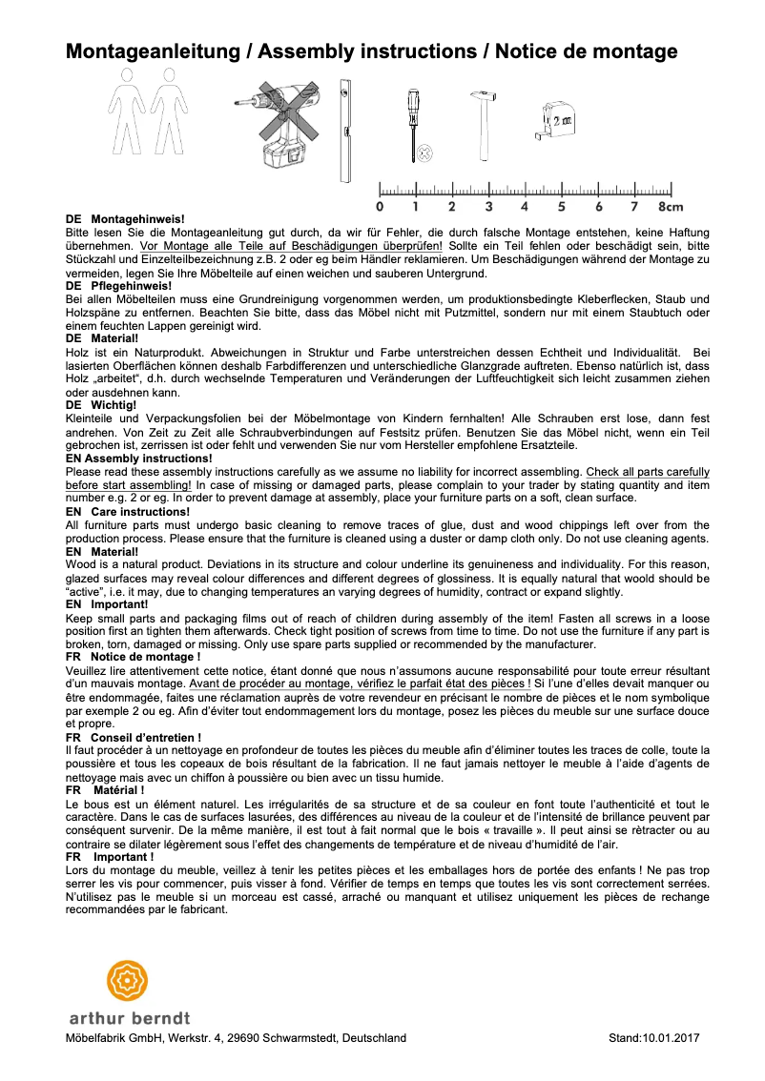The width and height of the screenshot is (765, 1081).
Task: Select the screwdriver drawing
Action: click(413, 124)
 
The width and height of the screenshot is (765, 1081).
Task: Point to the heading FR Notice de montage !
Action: click(133, 657)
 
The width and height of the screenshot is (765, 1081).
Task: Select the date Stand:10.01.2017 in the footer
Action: click(653, 1038)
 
